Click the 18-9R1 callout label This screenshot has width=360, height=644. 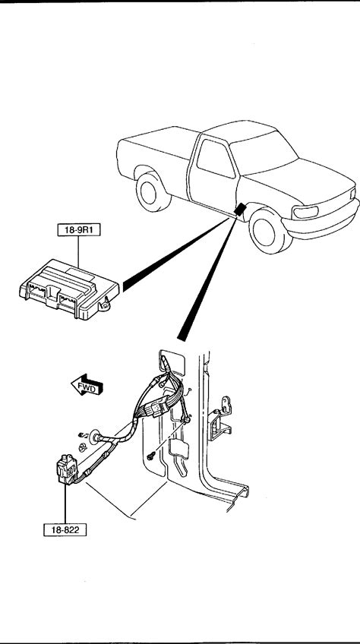(x=78, y=230)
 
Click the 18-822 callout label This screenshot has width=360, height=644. (x=65, y=529)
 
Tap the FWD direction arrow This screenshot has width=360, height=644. (x=87, y=385)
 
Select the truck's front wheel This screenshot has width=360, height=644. (x=266, y=230)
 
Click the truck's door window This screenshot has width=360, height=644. (x=215, y=159)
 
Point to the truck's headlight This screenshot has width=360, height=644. (x=305, y=213)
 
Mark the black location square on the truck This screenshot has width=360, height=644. (x=240, y=209)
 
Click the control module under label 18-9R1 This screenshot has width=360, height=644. (x=69, y=289)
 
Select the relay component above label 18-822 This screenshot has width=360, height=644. (x=67, y=469)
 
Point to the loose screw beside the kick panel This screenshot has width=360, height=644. (x=151, y=455)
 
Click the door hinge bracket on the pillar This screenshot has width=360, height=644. (x=220, y=419)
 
